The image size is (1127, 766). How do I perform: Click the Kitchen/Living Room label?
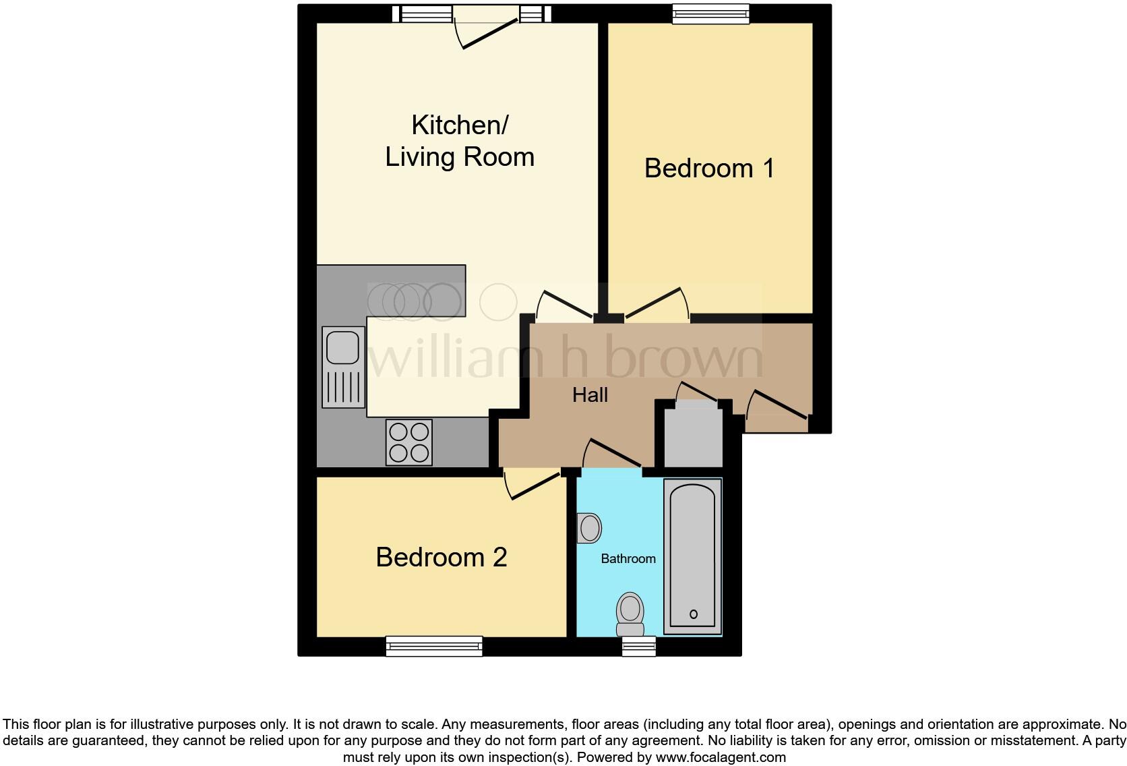(460, 141)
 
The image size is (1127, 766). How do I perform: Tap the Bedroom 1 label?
(709, 168)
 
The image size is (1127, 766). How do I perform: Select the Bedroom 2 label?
(441, 557)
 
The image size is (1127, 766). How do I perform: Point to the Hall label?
(590, 395)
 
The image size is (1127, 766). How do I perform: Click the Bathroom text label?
(628, 559)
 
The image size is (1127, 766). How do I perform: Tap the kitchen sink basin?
(343, 347)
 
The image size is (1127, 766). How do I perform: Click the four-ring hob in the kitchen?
(408, 442)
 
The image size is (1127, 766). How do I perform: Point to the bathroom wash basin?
(589, 528)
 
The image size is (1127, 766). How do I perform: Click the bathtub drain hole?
(694, 614)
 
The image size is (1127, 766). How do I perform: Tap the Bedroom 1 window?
(710, 14)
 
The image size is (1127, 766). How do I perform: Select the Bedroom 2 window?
(434, 645)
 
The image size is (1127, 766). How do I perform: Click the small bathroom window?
(638, 646)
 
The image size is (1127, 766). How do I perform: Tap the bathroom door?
(612, 454)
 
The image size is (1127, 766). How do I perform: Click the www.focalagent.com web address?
(721, 757)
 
